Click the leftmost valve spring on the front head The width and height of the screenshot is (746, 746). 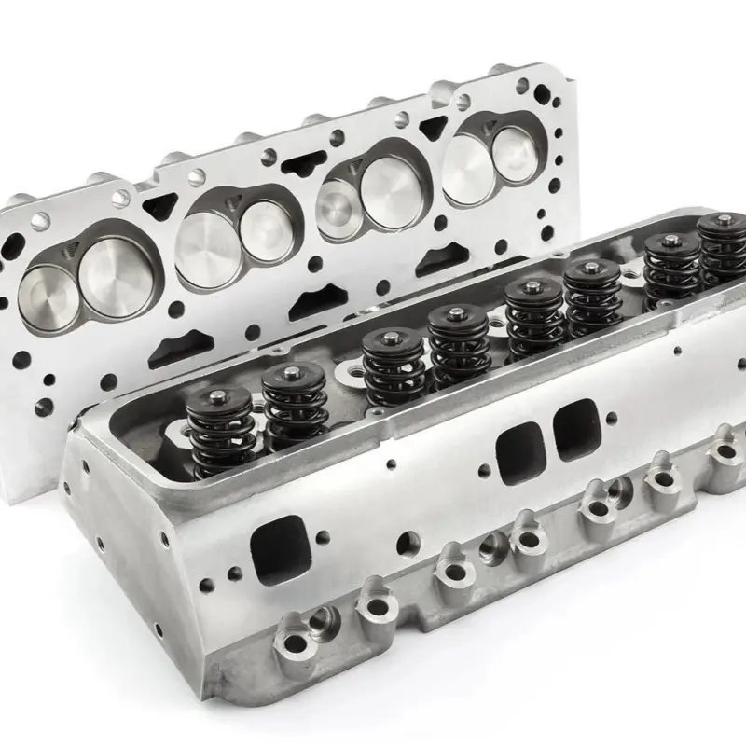click(221, 431)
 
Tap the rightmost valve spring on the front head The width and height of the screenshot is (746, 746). click(721, 250)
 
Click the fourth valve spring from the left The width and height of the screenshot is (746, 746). click(459, 347)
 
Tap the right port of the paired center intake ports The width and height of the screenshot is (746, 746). click(574, 428)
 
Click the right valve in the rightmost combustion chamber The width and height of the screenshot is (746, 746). click(514, 151)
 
